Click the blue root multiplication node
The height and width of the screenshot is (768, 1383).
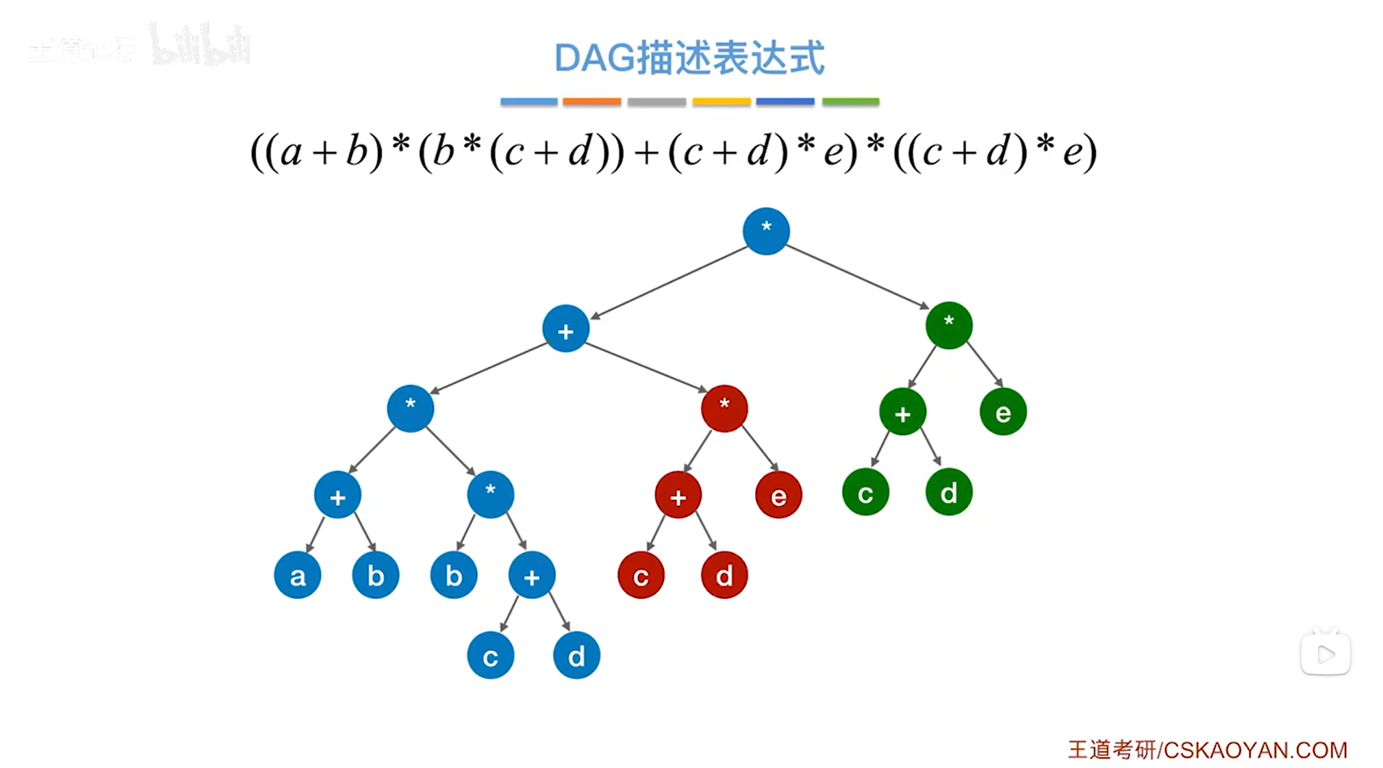coord(765,231)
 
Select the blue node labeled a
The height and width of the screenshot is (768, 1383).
coord(297,575)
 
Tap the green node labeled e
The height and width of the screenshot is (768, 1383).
coord(1002,412)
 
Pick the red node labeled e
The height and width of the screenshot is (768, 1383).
coord(778,495)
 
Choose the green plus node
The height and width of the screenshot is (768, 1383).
coord(902,412)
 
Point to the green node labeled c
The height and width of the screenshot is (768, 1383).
coord(865,492)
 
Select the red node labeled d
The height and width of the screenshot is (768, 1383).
coord(724,575)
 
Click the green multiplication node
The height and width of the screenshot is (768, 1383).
coord(949,325)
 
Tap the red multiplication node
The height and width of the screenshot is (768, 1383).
coord(724,408)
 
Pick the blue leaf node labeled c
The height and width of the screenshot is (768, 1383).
coord(490,656)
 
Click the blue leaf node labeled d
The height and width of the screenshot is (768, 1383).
coord(576,656)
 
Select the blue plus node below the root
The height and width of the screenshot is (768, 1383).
coord(566,329)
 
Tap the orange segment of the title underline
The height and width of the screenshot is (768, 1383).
coord(592,102)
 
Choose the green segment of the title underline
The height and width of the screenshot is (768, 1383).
coord(850,102)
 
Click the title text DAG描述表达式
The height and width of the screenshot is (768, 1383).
coord(689,58)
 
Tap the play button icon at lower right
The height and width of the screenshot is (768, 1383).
coord(1325,654)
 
